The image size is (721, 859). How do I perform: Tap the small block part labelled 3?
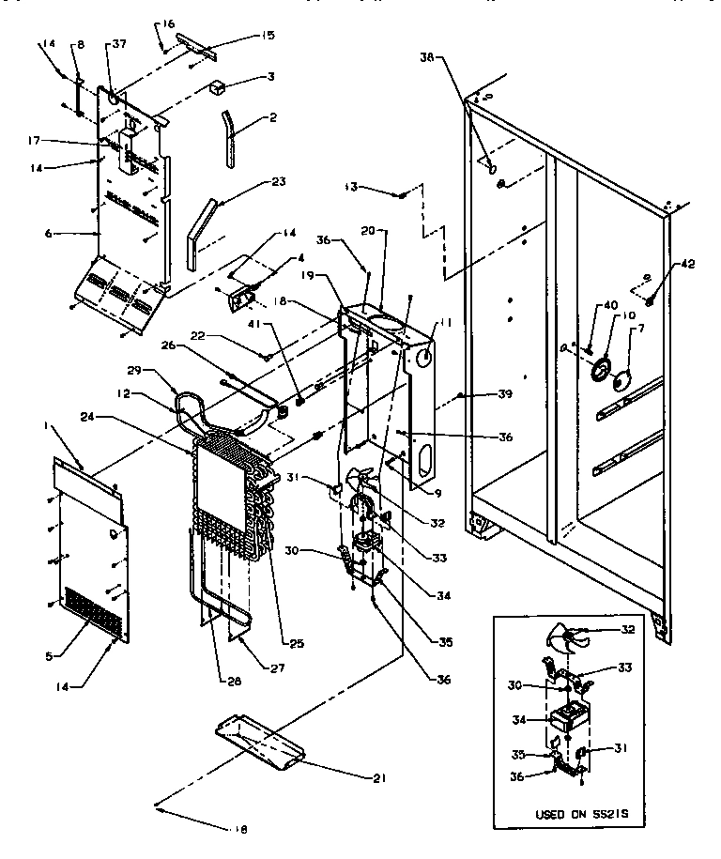(219, 87)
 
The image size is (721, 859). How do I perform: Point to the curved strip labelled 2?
(229, 138)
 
